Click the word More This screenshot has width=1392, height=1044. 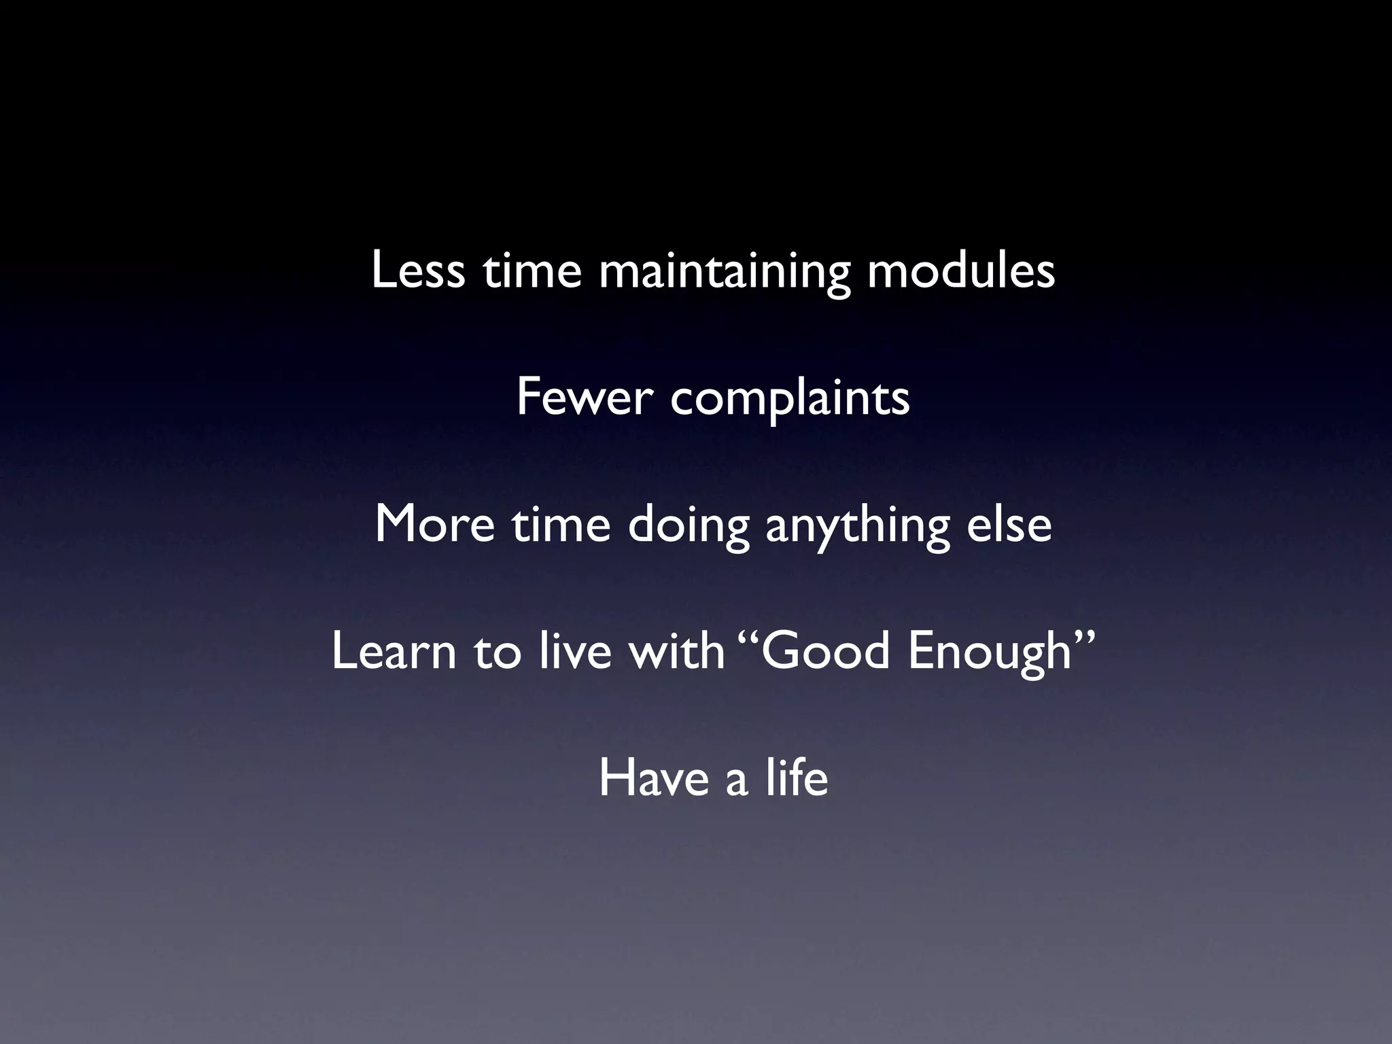point(434,525)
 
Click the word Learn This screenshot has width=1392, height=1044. point(394,651)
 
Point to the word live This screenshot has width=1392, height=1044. point(574,651)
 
